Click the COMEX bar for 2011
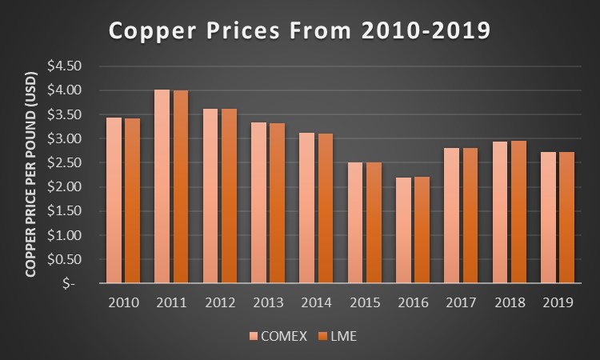(162, 186)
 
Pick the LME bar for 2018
(518, 212)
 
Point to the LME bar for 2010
(132, 201)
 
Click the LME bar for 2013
(277, 203)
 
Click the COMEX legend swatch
(254, 336)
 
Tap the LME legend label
(342, 336)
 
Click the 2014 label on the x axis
(316, 304)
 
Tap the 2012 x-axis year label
(219, 304)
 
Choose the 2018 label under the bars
(509, 304)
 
